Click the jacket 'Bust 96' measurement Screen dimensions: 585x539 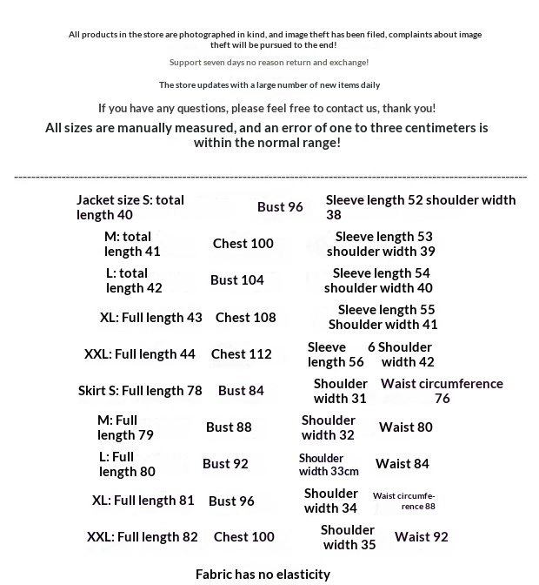click(x=280, y=207)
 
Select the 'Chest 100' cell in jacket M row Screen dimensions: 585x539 click(x=243, y=244)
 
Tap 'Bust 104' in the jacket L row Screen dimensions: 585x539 click(x=237, y=280)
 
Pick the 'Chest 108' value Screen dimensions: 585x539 click(x=246, y=318)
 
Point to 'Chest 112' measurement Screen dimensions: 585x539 click(x=242, y=354)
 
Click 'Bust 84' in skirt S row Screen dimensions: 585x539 click(x=241, y=391)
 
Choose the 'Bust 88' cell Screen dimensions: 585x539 click(x=229, y=427)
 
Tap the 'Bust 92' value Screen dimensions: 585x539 click(x=225, y=464)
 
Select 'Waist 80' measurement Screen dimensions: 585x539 click(x=405, y=427)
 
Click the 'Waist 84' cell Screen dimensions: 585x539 click(x=403, y=464)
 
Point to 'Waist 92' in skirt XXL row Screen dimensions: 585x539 click(x=422, y=537)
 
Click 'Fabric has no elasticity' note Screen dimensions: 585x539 click(x=263, y=575)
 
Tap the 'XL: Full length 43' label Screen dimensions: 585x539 click(x=151, y=318)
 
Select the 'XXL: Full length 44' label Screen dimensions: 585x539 click(x=140, y=354)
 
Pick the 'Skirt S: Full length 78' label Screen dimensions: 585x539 click(x=140, y=391)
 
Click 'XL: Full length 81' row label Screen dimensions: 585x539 click(x=143, y=501)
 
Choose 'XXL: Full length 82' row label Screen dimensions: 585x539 click(x=143, y=537)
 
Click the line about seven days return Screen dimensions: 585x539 click(x=269, y=63)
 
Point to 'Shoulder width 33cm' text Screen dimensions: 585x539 click(x=329, y=465)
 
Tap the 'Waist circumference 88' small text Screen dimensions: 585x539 click(x=404, y=501)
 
